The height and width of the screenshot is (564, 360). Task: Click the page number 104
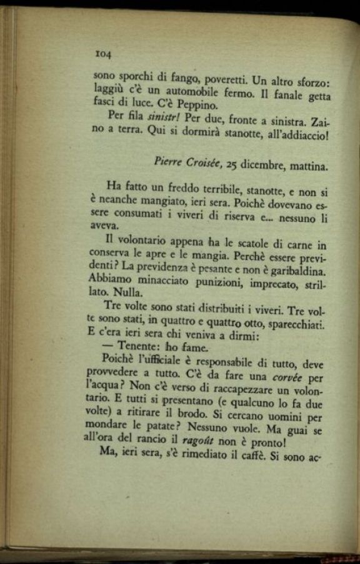tap(102, 54)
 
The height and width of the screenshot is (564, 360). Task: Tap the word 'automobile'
tap(187, 92)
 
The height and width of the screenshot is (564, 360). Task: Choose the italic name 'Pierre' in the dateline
tap(170, 161)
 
